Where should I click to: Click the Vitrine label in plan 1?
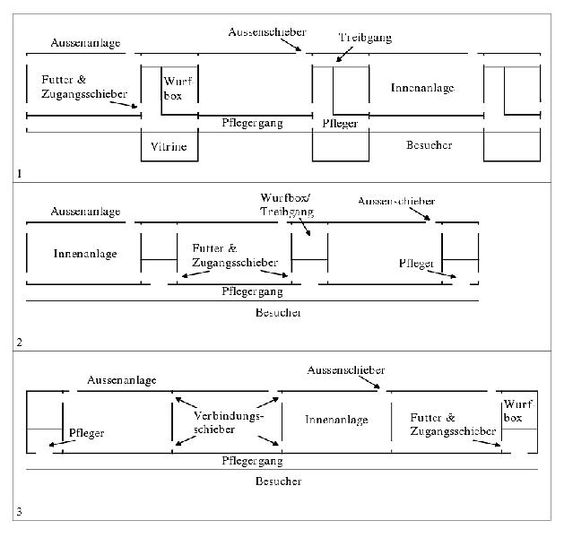click(169, 146)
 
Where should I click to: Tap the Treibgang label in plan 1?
click(365, 39)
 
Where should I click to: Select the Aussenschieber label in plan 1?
click(266, 31)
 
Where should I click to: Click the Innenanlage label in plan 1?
click(422, 88)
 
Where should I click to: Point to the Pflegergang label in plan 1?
click(252, 122)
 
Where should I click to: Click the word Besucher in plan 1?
click(429, 144)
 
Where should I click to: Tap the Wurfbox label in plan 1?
click(176, 87)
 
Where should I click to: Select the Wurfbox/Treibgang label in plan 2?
click(289, 203)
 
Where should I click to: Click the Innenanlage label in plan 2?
click(85, 254)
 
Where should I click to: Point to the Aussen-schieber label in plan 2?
click(395, 201)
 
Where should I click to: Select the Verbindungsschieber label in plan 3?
click(229, 423)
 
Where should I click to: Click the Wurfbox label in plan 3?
click(518, 412)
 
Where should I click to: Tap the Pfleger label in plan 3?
click(86, 433)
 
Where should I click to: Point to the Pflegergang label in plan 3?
click(252, 461)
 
